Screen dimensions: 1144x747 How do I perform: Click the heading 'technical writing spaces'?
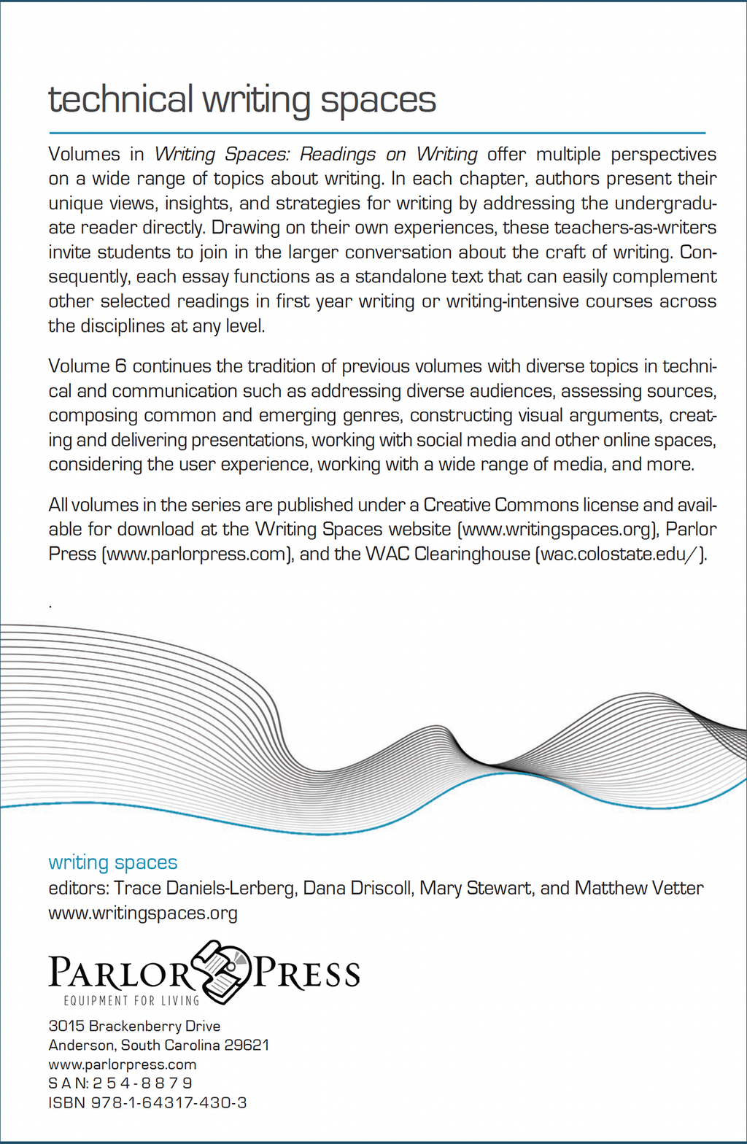pyautogui.click(x=241, y=100)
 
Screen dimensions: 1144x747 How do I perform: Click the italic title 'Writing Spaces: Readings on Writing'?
pyautogui.click(x=315, y=155)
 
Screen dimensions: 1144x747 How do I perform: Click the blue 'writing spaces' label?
pyautogui.click(x=113, y=862)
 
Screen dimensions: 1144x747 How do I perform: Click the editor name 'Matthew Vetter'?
pyautogui.click(x=639, y=888)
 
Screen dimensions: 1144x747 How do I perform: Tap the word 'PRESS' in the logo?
pyautogui.click(x=306, y=974)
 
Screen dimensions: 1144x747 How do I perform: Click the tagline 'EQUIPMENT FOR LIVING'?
pyautogui.click(x=131, y=1000)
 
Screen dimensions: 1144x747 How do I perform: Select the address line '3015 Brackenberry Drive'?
pyautogui.click(x=134, y=1027)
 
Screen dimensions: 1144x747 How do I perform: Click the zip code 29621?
pyautogui.click(x=247, y=1046)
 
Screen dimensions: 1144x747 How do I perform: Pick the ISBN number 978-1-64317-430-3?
pyautogui.click(x=169, y=1102)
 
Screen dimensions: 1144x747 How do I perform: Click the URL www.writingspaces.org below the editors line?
pyautogui.click(x=143, y=913)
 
